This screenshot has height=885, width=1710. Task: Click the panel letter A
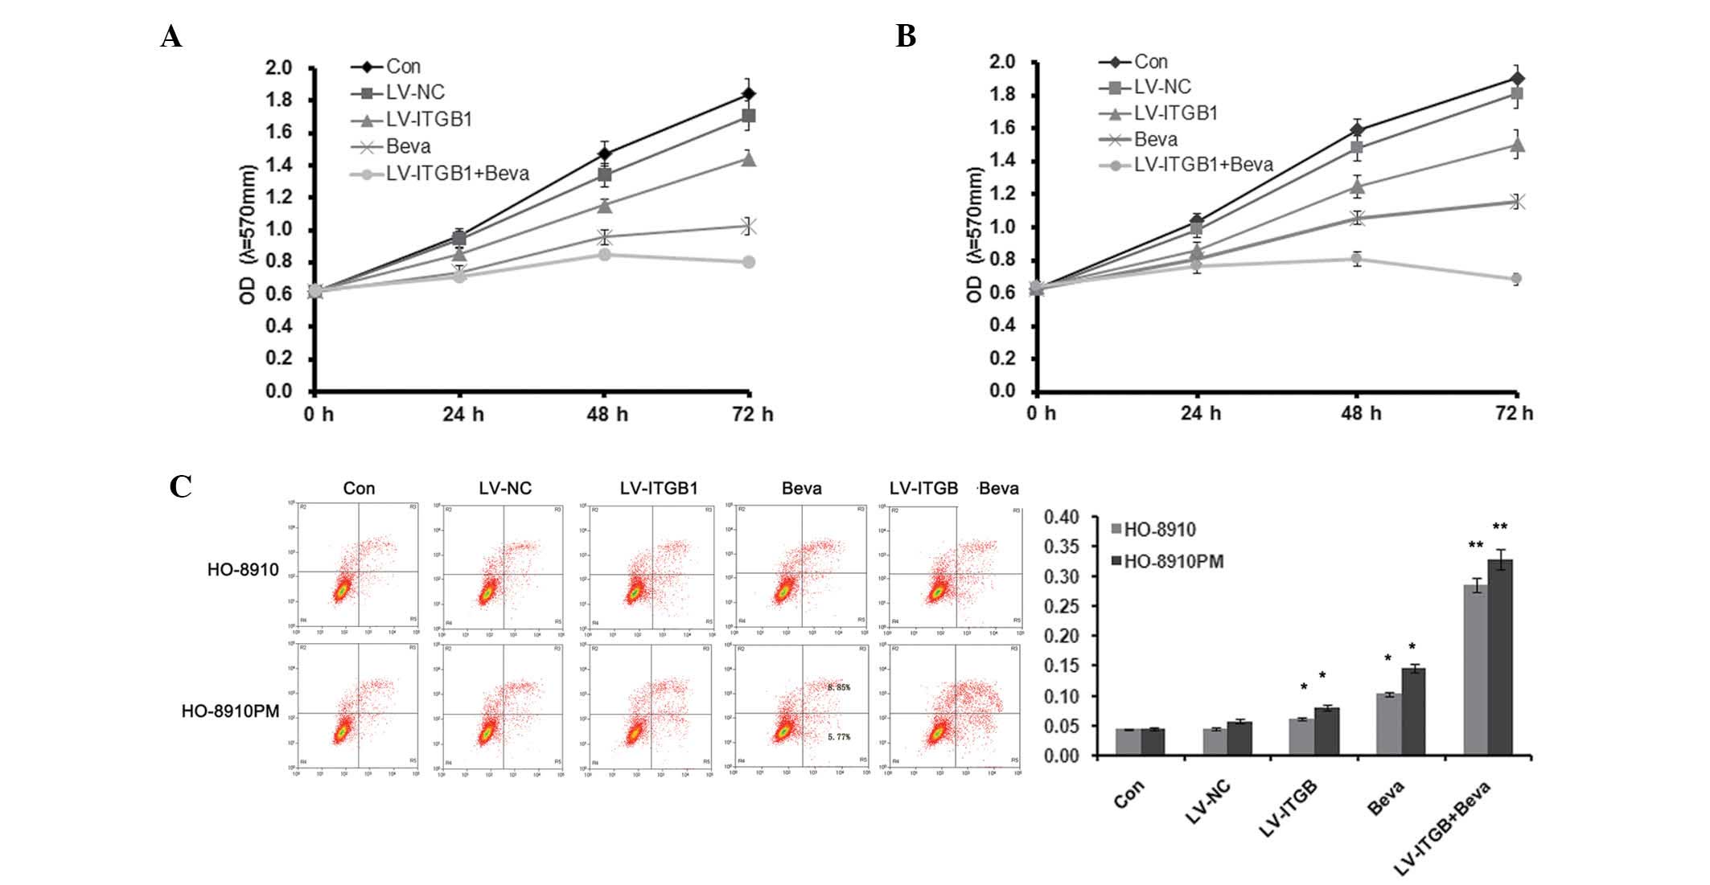[x=171, y=37]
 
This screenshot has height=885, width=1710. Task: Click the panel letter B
[x=906, y=36]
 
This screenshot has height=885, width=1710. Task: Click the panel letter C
[x=180, y=487]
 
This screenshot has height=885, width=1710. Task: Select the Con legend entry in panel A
[x=403, y=66]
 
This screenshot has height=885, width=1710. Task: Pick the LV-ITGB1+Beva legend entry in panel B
[x=1203, y=165]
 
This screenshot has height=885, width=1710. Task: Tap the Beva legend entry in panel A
[x=408, y=146]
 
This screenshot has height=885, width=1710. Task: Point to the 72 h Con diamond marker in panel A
[x=748, y=94]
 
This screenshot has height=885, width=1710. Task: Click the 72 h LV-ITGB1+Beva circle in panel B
[x=1516, y=279]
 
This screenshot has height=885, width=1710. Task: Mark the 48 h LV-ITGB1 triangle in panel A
[x=604, y=206]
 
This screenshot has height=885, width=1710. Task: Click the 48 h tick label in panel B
[x=1360, y=413]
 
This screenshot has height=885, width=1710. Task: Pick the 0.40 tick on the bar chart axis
[x=1061, y=517]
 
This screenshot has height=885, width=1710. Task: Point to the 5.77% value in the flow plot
[x=838, y=736]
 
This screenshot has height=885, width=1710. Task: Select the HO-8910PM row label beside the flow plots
[x=230, y=711]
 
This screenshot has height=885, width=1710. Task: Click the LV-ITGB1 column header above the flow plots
[x=659, y=488]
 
